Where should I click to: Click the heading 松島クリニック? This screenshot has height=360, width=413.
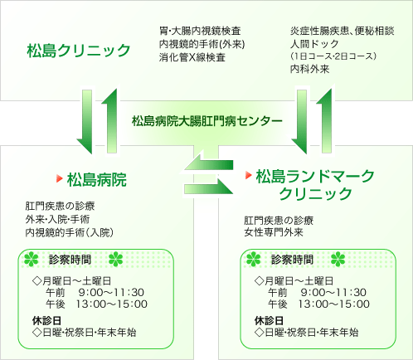tap(79, 51)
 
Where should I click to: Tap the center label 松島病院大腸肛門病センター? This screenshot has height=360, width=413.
tap(206, 121)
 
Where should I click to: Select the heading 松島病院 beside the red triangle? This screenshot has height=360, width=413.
tap(97, 180)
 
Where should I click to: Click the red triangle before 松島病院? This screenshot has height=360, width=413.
tap(60, 178)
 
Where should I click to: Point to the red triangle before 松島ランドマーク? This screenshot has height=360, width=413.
tap(249, 175)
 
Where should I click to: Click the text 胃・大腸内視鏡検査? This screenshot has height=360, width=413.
tap(200, 31)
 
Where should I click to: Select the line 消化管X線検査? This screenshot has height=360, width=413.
tap(192, 57)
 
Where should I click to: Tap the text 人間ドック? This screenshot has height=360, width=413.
tap(314, 44)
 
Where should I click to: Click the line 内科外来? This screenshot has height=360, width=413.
tap(309, 69)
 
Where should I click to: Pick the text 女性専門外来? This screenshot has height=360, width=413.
tap(274, 232)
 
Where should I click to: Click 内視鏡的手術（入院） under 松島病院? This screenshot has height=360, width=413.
tap(70, 232)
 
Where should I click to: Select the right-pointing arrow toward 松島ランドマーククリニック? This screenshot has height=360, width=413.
tap(209, 189)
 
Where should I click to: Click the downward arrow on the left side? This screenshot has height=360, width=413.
tap(85, 122)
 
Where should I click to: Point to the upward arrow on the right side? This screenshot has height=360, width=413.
tap(326, 120)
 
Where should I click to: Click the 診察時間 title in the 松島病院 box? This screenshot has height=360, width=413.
tap(70, 260)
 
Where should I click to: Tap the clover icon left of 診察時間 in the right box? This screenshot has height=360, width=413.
tap(254, 260)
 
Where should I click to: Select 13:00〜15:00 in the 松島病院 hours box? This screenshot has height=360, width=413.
tap(112, 304)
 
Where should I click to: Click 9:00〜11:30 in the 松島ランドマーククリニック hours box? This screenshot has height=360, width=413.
tap(333, 293)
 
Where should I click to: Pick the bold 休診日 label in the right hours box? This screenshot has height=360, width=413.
tap(269, 321)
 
